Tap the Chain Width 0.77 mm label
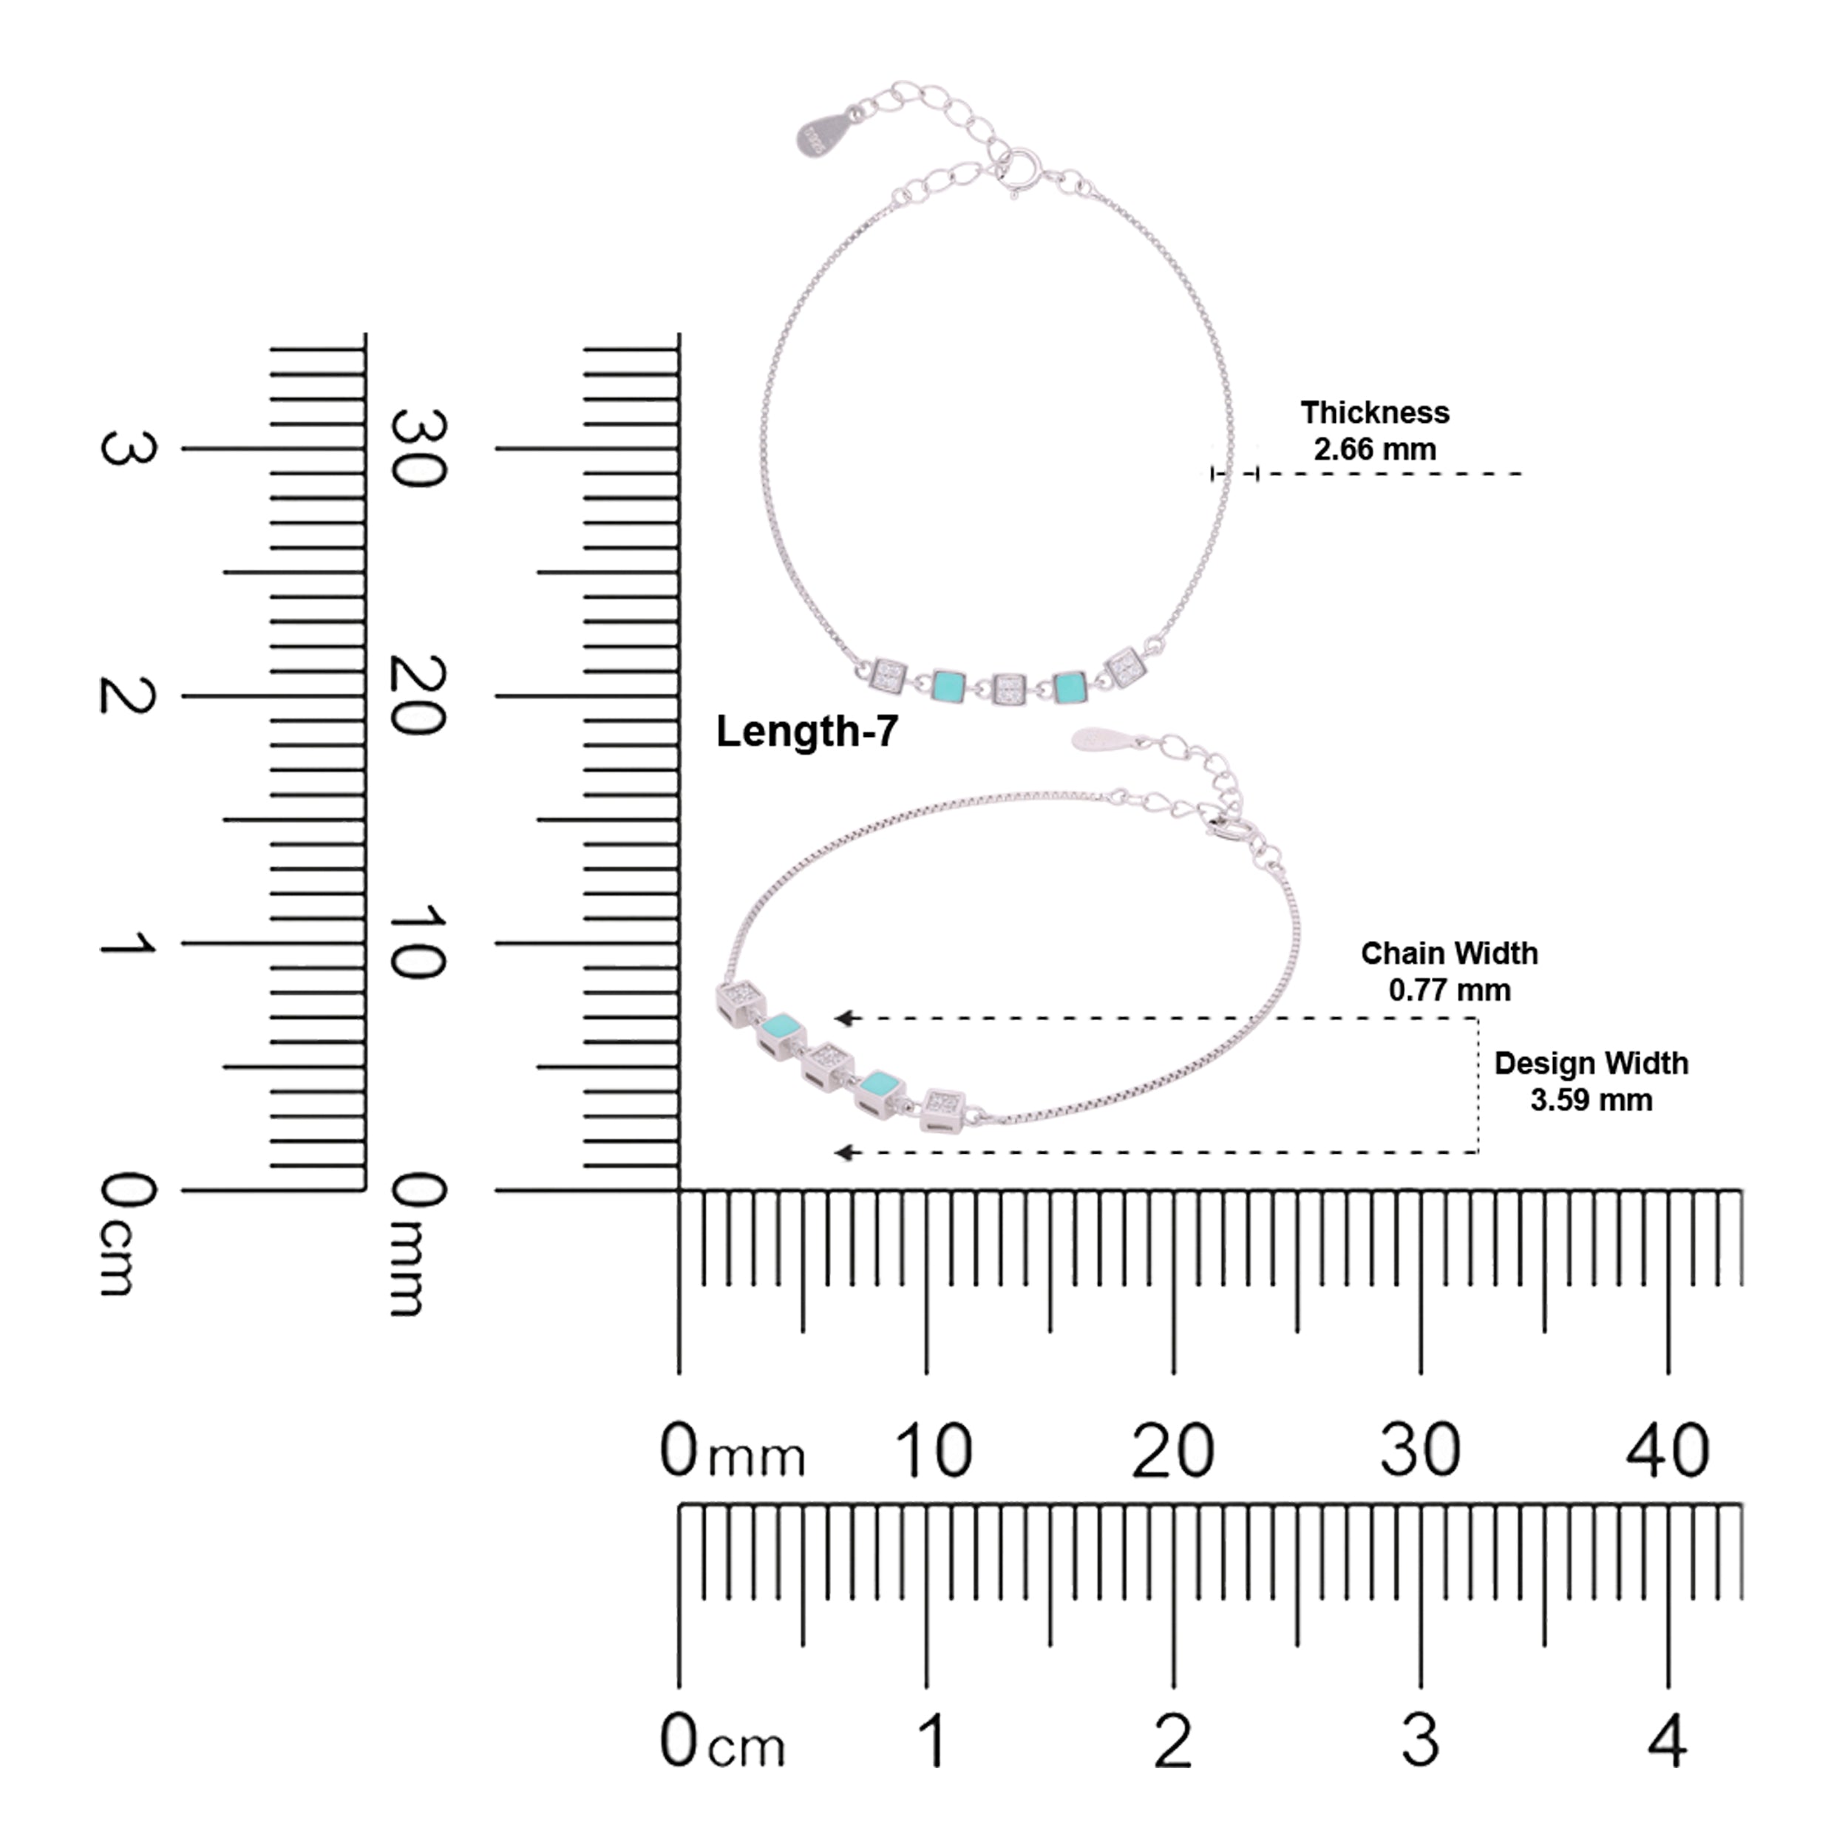tap(1449, 972)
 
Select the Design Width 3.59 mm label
tap(1591, 1082)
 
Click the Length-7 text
tap(807, 732)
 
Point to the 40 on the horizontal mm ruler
tap(1667, 1451)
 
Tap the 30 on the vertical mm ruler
tap(418, 449)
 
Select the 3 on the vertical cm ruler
tap(127, 449)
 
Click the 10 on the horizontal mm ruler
tap(934, 1451)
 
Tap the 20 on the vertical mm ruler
tap(418, 696)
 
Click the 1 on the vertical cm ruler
tap(127, 944)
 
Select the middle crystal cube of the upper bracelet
tap(1008, 687)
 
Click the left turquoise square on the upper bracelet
tap(948, 685)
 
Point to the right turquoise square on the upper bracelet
tap(1068, 686)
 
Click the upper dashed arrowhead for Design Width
tap(842, 1018)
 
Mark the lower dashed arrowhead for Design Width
tap(842, 1152)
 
